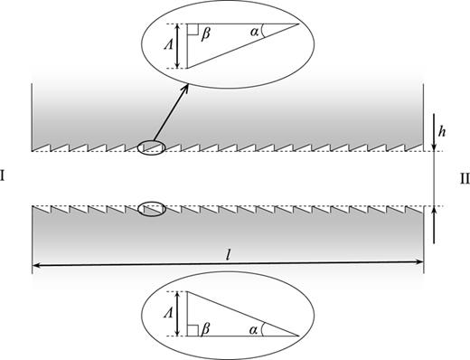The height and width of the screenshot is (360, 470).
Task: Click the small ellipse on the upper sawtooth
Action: coord(151,147)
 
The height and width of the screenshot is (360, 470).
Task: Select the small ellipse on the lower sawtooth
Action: coord(151,209)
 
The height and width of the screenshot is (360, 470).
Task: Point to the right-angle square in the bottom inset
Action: coord(193,330)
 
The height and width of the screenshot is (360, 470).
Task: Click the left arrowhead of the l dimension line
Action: coord(36,264)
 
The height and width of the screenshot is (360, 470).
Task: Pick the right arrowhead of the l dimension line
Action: coord(420,264)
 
